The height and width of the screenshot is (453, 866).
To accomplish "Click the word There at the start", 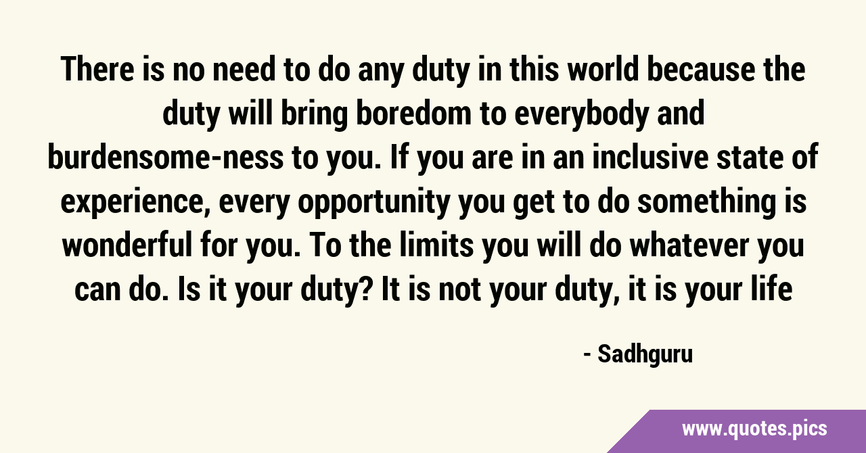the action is [x=97, y=69].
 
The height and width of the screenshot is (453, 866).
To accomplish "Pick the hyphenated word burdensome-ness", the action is [x=166, y=158].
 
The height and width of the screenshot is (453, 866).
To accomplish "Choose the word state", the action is [x=751, y=158].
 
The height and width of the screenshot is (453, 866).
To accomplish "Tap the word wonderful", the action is [x=127, y=245].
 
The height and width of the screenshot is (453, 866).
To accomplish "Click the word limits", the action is [x=436, y=245].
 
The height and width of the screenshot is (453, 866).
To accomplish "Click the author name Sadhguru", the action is [x=645, y=355].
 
